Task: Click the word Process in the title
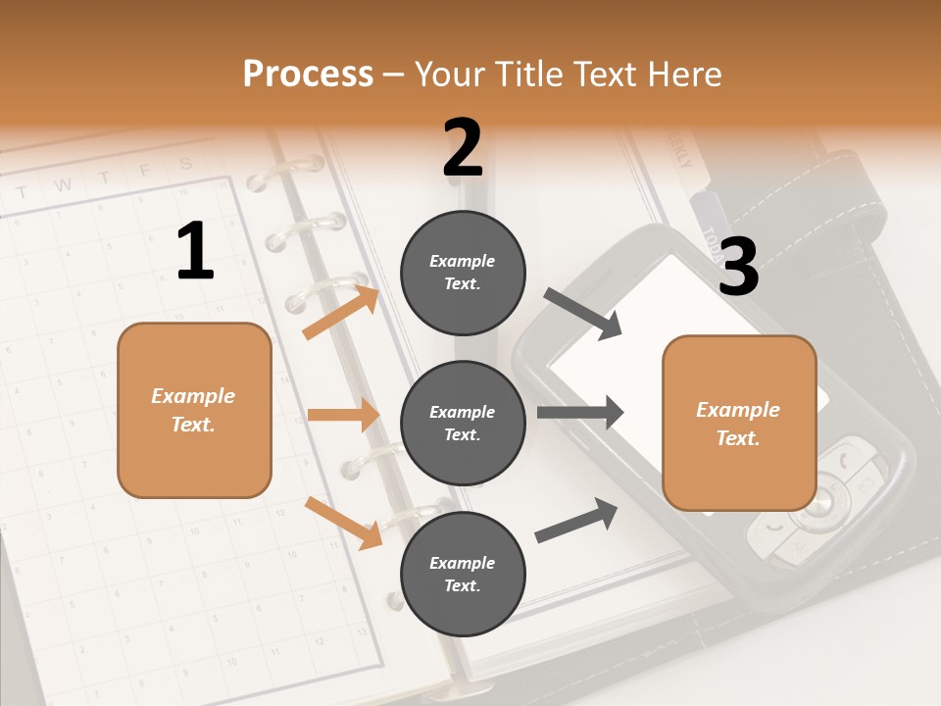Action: [x=308, y=74]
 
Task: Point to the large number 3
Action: [x=738, y=268]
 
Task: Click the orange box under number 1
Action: [x=194, y=410]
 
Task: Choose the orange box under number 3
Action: [x=739, y=423]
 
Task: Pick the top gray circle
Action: [x=463, y=272]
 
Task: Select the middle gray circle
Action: [x=463, y=423]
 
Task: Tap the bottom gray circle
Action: [x=463, y=574]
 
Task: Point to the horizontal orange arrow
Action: [x=343, y=415]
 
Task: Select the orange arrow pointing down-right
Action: [x=344, y=523]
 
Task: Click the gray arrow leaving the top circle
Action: [x=584, y=314]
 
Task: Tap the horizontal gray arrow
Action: [x=580, y=412]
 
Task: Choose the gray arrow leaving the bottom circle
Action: [x=577, y=521]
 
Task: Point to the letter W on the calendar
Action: [x=62, y=184]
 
